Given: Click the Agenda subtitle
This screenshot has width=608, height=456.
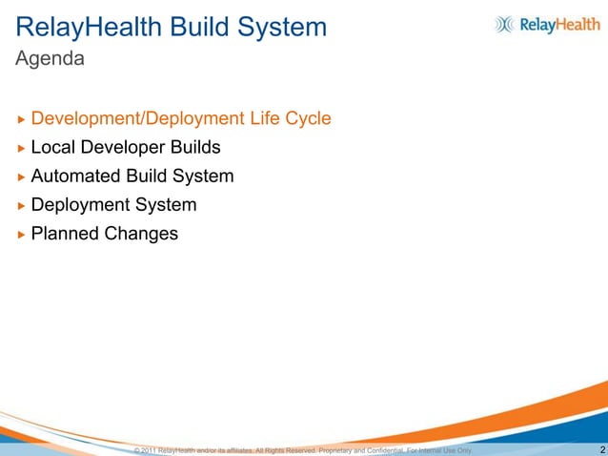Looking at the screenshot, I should pos(51,59).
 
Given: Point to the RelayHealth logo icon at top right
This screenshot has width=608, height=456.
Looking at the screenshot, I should pos(504,26).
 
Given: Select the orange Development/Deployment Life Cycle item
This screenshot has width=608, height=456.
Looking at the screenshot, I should pos(181,119).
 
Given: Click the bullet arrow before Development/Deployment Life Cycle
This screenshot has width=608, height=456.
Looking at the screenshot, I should pos(21,119).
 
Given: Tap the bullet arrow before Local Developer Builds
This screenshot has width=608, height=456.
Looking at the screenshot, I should pos(21,148).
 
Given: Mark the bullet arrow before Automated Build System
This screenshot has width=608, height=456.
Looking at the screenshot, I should pos(21,176).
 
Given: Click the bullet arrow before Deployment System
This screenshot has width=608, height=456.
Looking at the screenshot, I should pos(21,205).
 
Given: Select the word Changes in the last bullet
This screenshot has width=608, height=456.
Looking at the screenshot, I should pos(142,234).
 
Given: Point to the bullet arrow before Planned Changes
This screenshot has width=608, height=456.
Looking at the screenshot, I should pos(21,234).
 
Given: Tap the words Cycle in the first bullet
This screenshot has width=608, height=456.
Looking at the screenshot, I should pos(307,119).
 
